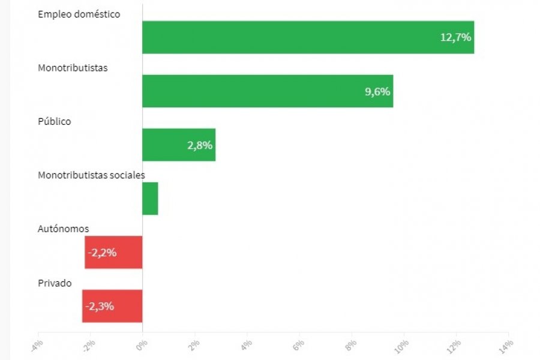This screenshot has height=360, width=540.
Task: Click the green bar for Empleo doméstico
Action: (x=308, y=37)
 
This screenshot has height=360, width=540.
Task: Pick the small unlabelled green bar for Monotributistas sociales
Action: (x=150, y=199)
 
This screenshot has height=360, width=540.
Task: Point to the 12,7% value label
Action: (x=456, y=37)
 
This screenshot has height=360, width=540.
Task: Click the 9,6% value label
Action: (x=377, y=91)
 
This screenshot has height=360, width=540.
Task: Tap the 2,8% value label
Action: (x=200, y=145)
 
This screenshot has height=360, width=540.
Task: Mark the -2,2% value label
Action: (x=102, y=253)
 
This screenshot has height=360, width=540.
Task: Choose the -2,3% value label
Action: (x=100, y=306)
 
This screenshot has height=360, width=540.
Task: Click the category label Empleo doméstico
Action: (x=79, y=14)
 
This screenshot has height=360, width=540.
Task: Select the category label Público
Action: (x=54, y=122)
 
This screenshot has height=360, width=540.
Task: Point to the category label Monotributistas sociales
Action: (x=91, y=175)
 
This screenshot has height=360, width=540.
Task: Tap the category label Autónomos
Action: (x=63, y=229)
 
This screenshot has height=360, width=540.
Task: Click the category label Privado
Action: (x=55, y=283)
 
